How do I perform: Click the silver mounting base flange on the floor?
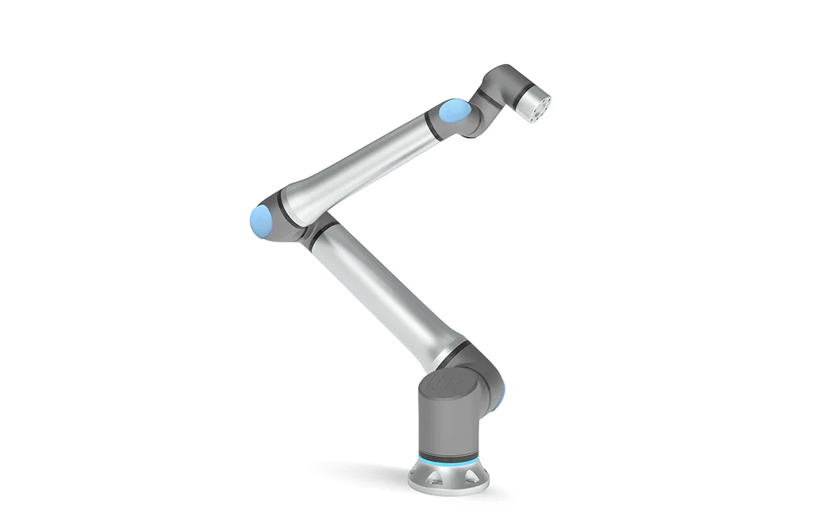point(447,478)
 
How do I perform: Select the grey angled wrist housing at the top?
point(494,87)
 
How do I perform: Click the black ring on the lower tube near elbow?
point(324,234)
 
